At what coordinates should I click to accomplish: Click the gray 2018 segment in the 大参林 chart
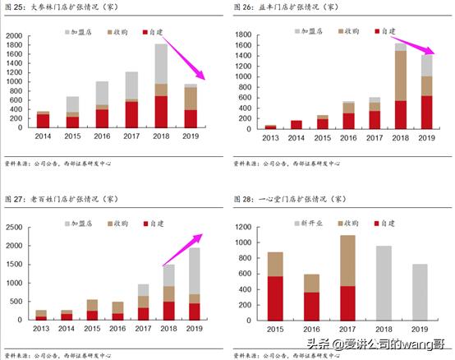click(x=162, y=63)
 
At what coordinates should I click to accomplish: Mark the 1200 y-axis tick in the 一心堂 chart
click(x=241, y=224)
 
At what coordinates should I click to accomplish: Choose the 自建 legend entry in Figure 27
click(x=158, y=223)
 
